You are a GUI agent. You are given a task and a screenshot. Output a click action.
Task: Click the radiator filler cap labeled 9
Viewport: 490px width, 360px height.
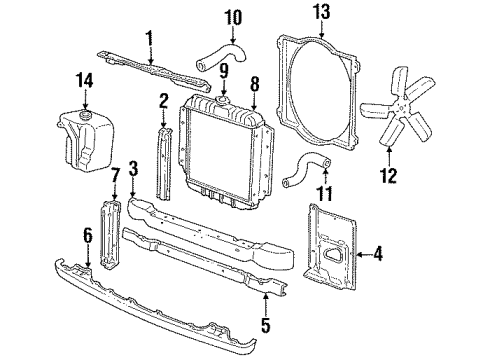(x=220, y=101)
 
